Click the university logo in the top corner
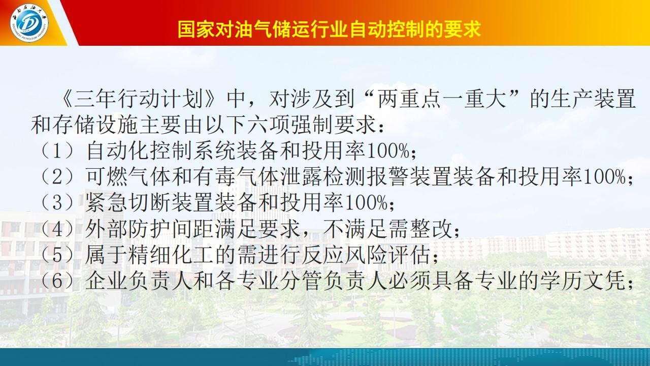tap(29, 23)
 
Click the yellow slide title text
tap(330, 29)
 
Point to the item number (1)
tap(57, 151)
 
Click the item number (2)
tap(57, 176)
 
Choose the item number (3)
tap(57, 202)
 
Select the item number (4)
tap(57, 229)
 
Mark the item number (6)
tap(57, 280)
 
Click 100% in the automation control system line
tap(388, 151)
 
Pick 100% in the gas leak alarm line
tap(604, 176)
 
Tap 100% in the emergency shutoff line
tap(366, 202)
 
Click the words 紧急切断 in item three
tap(128, 202)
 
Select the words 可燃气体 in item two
tap(128, 176)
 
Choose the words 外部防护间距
tap(150, 229)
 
